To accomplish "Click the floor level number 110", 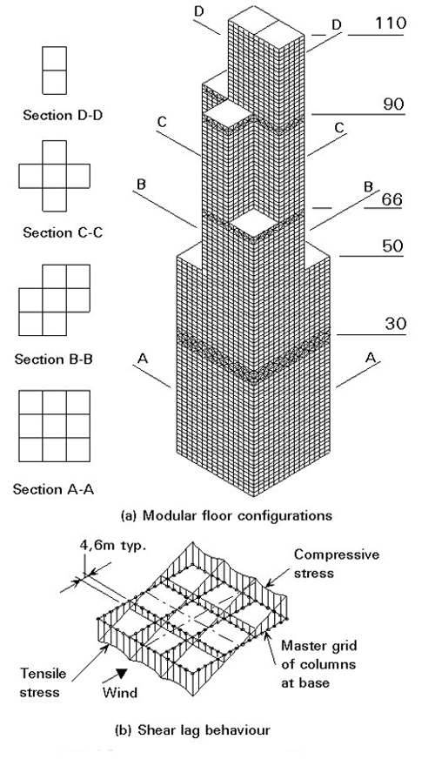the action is [390, 23].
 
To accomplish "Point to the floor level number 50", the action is [392, 246].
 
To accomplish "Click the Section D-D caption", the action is [63, 116].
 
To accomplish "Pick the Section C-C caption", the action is [63, 232].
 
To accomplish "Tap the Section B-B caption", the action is [54, 359].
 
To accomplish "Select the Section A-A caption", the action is [53, 489].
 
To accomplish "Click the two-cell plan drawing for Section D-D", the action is [54, 71].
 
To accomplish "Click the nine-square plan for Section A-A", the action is [54, 426].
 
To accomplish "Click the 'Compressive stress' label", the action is [337, 563].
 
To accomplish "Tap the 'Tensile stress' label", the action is [41, 683].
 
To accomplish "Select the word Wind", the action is [120, 693].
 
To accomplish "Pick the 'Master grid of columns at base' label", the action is [319, 664].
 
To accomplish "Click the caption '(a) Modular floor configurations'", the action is [226, 515].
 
